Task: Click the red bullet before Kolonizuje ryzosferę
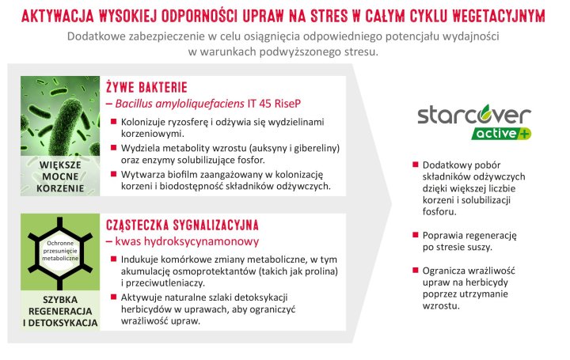(x=113, y=123)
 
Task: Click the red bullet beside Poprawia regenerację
(x=416, y=235)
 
